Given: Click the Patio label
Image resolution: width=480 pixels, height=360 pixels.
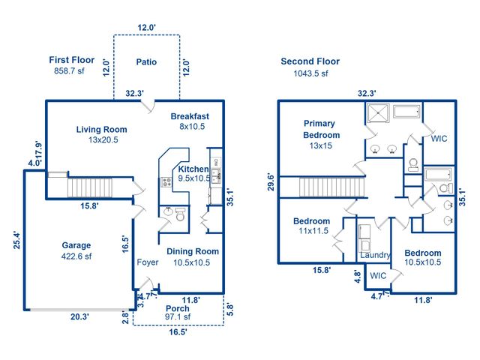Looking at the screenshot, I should click(x=147, y=62).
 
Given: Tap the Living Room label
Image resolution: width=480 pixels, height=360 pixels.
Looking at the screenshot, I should click(x=101, y=130).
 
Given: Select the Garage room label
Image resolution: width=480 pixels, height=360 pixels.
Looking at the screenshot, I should click(x=76, y=245).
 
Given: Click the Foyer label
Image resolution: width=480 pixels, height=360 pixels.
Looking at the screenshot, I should click(x=147, y=262).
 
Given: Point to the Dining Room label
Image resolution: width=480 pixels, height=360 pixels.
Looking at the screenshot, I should click(x=192, y=252).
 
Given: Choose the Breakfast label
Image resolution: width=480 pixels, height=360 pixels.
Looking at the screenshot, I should click(x=189, y=116).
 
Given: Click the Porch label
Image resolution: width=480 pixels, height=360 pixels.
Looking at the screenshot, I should click(x=178, y=307).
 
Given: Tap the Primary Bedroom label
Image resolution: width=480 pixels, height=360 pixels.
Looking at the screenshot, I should click(x=321, y=129).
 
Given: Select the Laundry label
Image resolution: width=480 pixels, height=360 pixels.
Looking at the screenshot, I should click(x=375, y=255).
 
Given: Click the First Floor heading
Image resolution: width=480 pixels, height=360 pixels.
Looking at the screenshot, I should click(x=73, y=59).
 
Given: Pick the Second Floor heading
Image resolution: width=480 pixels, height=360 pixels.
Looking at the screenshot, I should click(x=310, y=61).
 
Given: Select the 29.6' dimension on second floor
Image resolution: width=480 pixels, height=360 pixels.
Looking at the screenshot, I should click(x=270, y=182).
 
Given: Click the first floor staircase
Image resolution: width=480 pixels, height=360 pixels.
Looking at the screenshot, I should click(x=89, y=187).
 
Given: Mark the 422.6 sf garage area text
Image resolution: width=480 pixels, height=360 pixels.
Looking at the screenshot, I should click(x=76, y=256).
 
